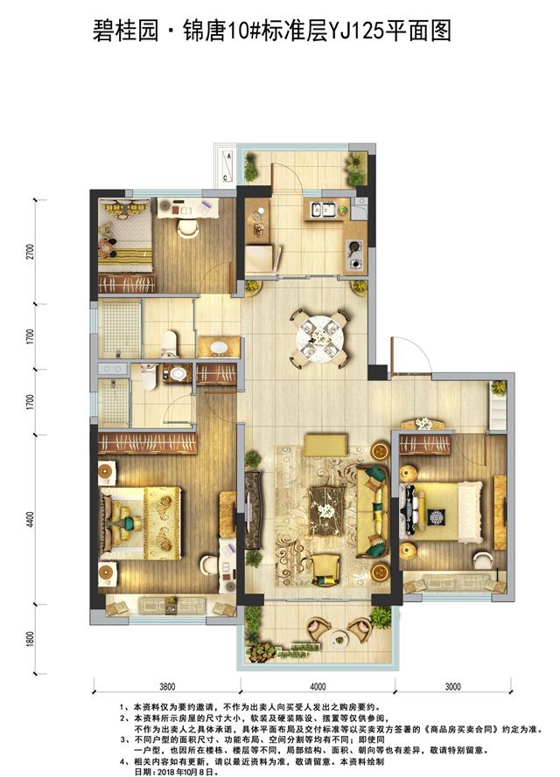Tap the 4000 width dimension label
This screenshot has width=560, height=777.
(318, 686)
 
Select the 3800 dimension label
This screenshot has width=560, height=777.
(167, 686)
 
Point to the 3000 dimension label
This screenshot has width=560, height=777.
(452, 686)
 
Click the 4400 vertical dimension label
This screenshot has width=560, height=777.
(31, 519)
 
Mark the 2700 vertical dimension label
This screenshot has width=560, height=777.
(31, 252)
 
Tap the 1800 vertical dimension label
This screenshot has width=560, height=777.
(31, 639)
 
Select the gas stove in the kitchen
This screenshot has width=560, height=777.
(355, 254)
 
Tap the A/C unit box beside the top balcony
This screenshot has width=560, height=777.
(226, 166)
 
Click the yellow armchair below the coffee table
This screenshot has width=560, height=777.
(325, 570)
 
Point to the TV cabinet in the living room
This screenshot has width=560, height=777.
(253, 510)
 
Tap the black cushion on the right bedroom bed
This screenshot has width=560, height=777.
(437, 517)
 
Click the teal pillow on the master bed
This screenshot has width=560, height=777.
(130, 523)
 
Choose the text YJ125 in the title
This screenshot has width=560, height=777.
(356, 31)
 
